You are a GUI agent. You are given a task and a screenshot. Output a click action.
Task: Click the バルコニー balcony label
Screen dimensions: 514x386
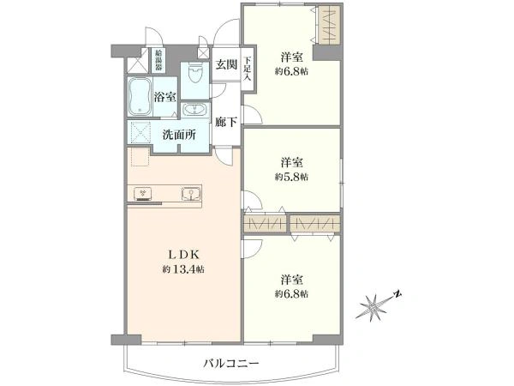click(x=231, y=364)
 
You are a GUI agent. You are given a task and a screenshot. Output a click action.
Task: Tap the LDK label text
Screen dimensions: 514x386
click(x=183, y=255)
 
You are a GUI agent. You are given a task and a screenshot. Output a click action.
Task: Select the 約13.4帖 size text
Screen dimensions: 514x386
click(x=183, y=269)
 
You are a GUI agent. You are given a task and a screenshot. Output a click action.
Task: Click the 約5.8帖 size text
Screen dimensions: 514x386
click(x=291, y=177)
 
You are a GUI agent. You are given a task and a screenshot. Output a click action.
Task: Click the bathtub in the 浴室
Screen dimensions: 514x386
click(x=140, y=97)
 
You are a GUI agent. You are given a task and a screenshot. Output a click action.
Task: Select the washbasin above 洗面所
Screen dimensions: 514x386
click(x=194, y=110)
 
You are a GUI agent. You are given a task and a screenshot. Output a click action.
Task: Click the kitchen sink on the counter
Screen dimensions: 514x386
click(x=191, y=194)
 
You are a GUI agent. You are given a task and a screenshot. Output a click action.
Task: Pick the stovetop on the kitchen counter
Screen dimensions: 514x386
click(x=143, y=194)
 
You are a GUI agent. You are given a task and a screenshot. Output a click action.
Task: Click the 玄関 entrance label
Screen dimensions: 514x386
click(x=226, y=64)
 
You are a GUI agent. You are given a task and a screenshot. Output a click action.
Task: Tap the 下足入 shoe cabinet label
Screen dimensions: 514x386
click(x=248, y=69)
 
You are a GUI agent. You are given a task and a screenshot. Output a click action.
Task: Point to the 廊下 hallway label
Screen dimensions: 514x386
click(x=226, y=122)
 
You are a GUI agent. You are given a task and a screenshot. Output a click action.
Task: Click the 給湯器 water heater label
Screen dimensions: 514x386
click(x=158, y=60)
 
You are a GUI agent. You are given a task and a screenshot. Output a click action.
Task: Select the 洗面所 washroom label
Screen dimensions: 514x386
click(x=179, y=135)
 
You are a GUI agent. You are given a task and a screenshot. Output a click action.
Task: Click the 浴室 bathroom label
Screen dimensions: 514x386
click(x=165, y=97)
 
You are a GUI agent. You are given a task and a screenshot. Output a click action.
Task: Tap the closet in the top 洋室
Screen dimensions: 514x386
click(x=329, y=26)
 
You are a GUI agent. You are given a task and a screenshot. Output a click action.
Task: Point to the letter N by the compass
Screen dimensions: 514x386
click(x=397, y=294)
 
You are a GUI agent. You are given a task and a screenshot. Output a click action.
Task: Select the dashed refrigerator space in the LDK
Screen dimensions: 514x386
click(x=140, y=157)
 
